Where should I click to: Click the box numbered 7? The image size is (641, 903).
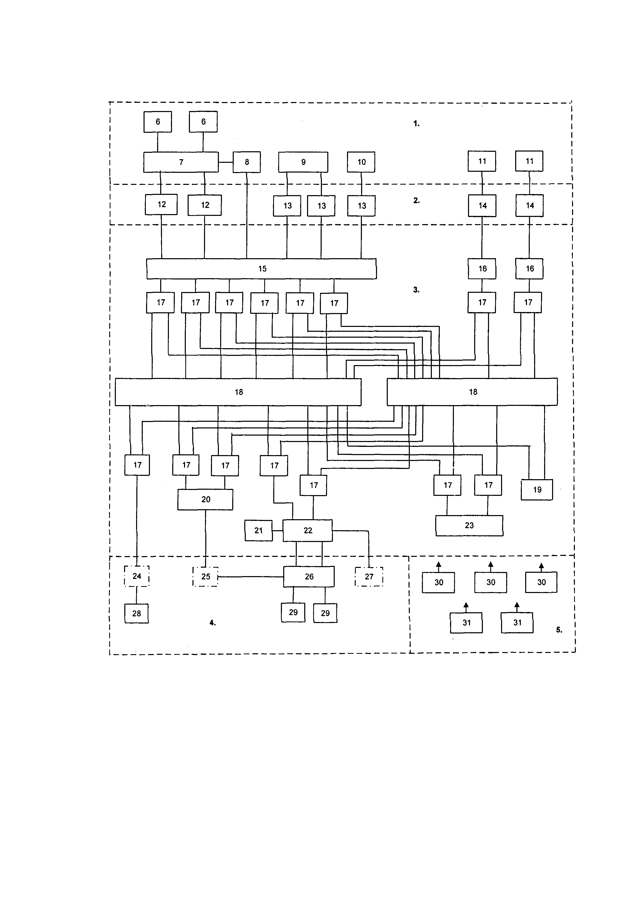pos(181,162)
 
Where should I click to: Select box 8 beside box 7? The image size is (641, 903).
pos(247,162)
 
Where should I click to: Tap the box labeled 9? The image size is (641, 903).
pos(303,162)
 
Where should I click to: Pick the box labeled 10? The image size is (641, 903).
pos(361,162)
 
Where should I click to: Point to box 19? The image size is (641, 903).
pos(537,490)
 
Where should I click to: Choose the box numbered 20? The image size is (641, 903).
pos(205,499)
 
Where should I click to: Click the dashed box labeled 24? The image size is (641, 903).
pos(137,576)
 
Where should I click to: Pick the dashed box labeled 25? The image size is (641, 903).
pos(205,576)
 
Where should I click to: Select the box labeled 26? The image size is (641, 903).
pos(309,576)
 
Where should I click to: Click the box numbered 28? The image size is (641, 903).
pos(137,614)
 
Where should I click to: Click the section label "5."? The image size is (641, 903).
pos(559,630)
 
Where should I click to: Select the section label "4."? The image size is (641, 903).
pos(212,623)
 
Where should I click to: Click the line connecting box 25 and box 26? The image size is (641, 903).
pos(251,576)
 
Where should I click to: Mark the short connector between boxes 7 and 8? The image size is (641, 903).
pos(225,162)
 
